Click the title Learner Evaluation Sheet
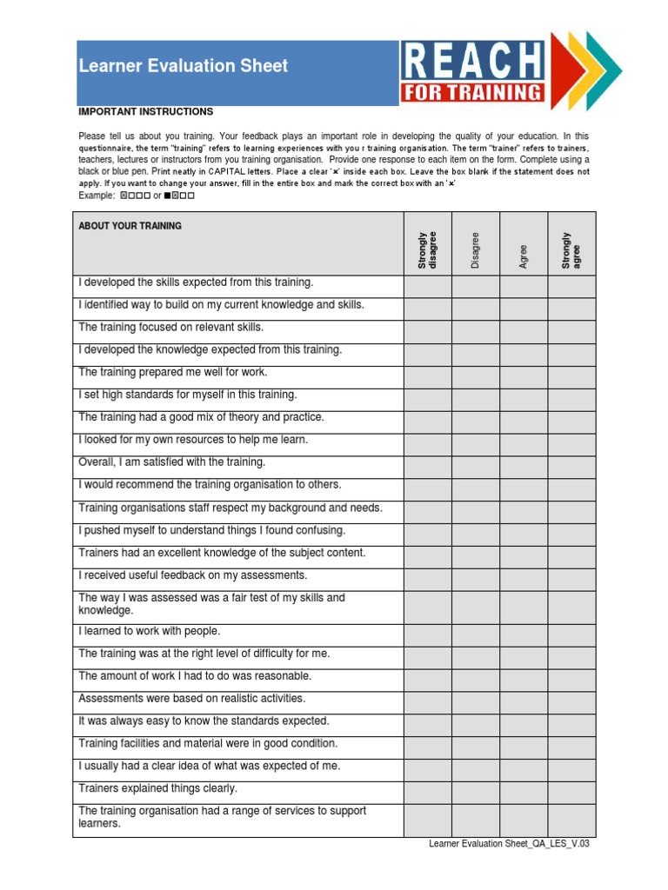[184, 66]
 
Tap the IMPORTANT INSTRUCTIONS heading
[145, 112]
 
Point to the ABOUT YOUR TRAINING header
[130, 226]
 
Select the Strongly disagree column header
[427, 250]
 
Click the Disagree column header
[476, 250]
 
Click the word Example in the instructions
[96, 196]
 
